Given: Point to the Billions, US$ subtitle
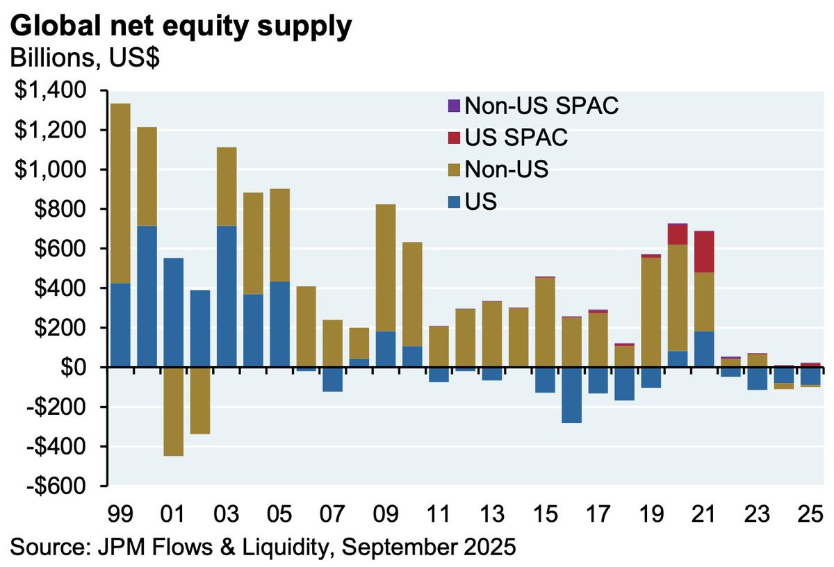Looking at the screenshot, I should tap(85, 58).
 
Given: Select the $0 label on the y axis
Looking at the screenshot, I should tap(81, 368).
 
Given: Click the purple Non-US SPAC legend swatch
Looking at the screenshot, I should tap(453, 106).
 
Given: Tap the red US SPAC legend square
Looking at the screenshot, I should tap(453, 138).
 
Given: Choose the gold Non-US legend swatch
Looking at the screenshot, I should tap(453, 169).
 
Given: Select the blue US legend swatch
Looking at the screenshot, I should tap(453, 200).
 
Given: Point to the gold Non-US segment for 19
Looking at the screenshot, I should tap(651, 313).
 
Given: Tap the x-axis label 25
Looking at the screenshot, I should tap(808, 516).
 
